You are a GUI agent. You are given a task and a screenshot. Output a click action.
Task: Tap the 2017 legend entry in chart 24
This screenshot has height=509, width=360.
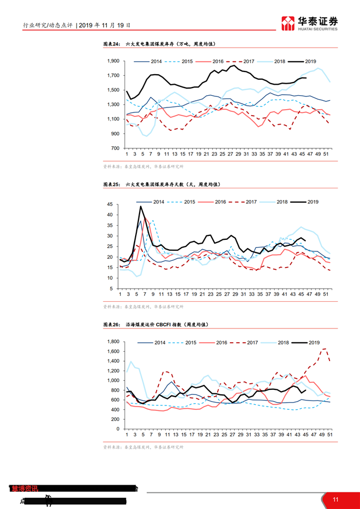click(242, 61)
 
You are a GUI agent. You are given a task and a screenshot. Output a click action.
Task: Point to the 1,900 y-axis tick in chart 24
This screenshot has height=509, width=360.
click(112, 61)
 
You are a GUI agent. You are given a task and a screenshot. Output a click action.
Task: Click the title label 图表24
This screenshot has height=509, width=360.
click(112, 44)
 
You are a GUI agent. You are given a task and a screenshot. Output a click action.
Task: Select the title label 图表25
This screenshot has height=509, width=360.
click(112, 184)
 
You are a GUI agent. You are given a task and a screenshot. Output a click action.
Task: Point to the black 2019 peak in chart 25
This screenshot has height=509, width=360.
click(141, 207)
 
